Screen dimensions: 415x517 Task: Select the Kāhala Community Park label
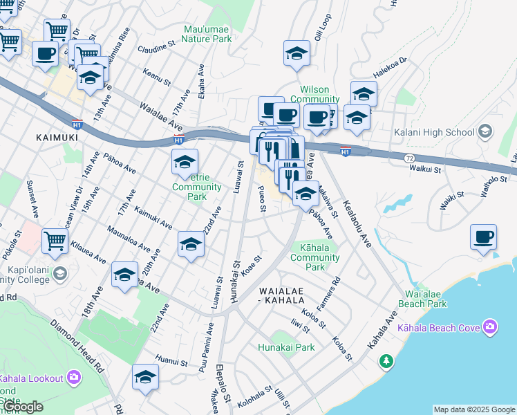click(314, 257)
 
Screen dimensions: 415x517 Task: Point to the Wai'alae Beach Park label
click(421, 298)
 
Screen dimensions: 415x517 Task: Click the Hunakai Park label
click(286, 347)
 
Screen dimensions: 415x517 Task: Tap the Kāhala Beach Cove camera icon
click(490, 326)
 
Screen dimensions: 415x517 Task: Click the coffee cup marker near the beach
click(483, 237)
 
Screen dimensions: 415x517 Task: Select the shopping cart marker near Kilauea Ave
click(55, 241)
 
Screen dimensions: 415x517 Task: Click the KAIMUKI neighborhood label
click(57, 138)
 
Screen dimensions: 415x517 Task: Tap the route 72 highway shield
click(410, 158)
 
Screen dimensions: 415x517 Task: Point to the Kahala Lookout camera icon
click(74, 378)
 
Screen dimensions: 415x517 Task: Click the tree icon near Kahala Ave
click(386, 361)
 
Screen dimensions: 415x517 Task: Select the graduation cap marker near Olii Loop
click(296, 53)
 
